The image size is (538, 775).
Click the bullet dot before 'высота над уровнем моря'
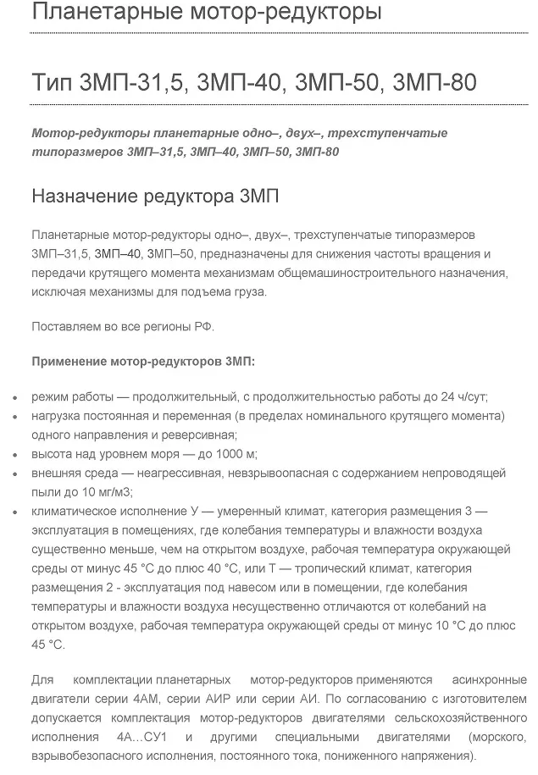tap(19, 454)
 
